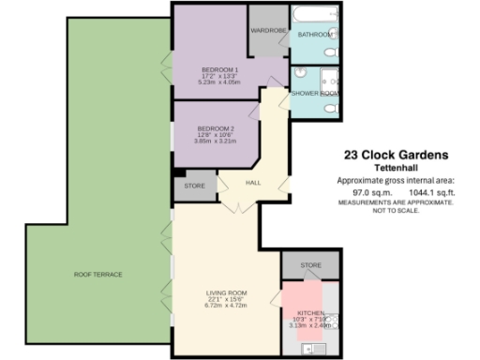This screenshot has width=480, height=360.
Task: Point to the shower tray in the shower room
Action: tap(329, 79)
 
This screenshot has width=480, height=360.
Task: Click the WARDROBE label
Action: tap(268, 31)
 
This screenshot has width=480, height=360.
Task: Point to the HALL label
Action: tap(252, 183)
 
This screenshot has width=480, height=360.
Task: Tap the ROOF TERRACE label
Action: tap(98, 274)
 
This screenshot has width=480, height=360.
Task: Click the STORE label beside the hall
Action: tap(194, 186)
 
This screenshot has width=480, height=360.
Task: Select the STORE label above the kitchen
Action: tap(311, 266)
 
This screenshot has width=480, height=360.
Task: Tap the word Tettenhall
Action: tap(395, 168)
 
